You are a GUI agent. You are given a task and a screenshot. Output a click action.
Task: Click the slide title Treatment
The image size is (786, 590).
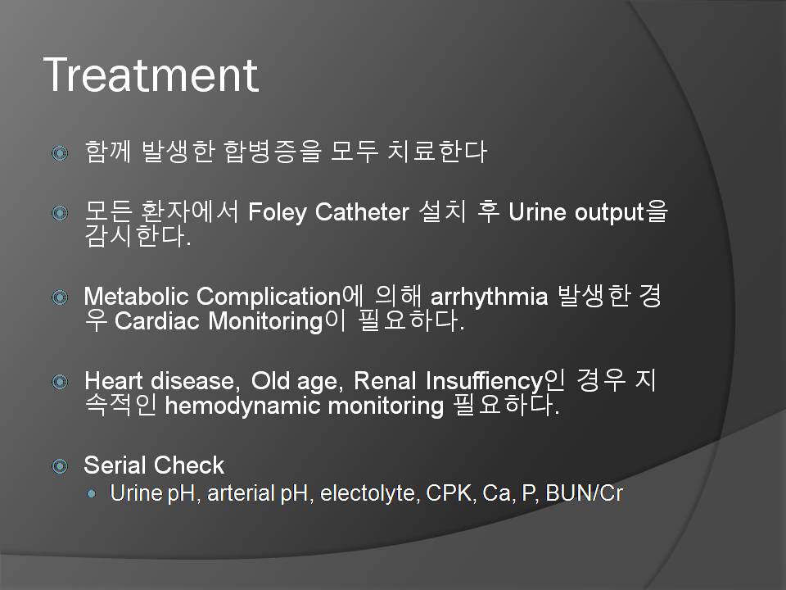(x=151, y=75)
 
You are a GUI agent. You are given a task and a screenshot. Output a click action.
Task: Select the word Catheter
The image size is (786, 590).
(x=362, y=211)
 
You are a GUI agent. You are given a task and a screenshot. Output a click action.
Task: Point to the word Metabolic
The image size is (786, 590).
(x=137, y=296)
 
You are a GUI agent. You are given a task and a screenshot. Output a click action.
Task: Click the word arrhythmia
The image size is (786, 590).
(x=490, y=297)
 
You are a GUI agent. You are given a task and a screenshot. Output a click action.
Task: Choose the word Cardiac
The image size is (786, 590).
(x=157, y=321)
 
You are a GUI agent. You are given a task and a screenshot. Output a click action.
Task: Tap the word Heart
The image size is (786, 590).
(x=114, y=381)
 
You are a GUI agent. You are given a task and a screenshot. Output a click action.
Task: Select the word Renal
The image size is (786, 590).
(x=385, y=381)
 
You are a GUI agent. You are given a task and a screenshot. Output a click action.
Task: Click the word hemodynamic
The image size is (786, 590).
(x=242, y=406)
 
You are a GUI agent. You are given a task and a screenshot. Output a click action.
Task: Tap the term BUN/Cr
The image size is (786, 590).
(x=585, y=492)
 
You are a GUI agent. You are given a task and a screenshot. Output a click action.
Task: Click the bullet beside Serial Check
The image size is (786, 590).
(x=60, y=466)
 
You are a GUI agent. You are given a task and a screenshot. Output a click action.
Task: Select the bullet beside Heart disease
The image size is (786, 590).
(x=60, y=382)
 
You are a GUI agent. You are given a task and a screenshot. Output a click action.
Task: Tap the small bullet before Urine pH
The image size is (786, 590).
(x=91, y=493)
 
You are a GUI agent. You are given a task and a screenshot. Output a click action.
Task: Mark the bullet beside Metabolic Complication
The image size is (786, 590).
(x=60, y=297)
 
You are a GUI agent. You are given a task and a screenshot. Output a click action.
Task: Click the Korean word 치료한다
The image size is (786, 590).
(x=436, y=151)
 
